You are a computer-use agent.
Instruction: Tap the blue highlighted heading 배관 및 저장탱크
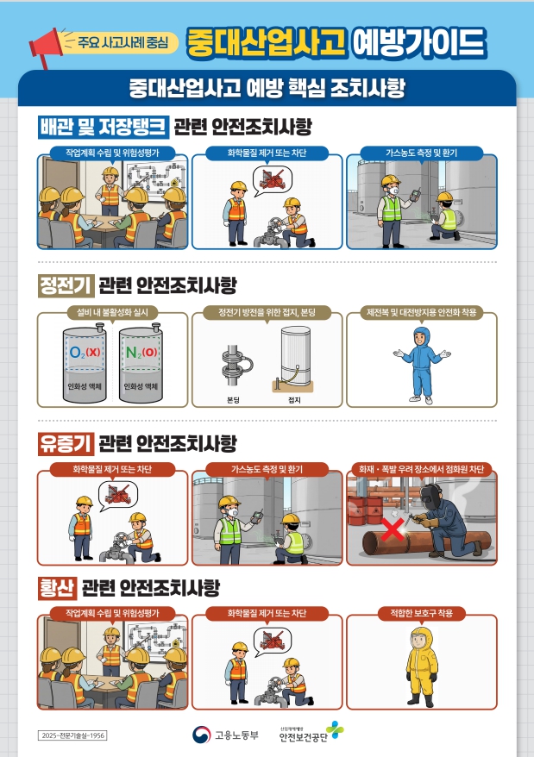point(104,127)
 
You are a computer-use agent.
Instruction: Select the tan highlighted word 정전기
point(66,285)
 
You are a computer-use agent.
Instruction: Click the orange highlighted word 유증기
point(66,444)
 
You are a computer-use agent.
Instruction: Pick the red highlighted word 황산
point(57,587)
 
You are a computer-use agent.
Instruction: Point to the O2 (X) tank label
point(85,353)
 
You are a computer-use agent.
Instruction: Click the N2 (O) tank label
point(141,353)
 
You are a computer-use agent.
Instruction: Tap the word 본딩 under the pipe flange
point(233,400)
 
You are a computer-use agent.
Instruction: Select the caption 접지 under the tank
point(294,400)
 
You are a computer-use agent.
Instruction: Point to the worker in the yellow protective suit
point(421,666)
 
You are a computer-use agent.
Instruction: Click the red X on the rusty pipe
point(393,529)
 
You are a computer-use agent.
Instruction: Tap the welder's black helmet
point(431,496)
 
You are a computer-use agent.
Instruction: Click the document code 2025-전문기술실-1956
point(72,735)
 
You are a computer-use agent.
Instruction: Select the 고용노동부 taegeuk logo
point(201,735)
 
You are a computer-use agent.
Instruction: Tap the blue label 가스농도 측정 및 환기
point(421,153)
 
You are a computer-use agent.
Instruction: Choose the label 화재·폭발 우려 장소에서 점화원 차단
point(421,469)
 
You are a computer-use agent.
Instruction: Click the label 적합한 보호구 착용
point(421,613)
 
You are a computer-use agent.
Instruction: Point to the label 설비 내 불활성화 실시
point(112,312)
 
